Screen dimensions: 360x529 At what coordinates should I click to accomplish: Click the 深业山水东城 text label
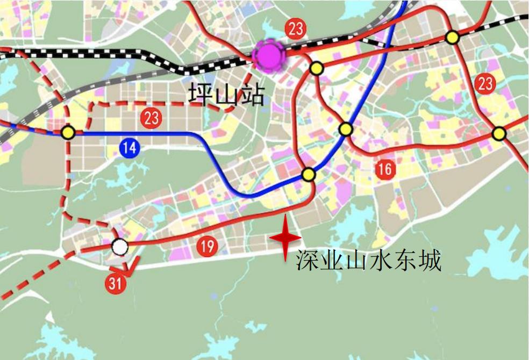368,262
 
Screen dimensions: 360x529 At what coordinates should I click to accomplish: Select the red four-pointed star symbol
284,237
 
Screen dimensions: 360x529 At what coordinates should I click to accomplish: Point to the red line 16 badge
385,169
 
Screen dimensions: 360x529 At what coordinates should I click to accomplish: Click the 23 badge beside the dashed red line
152,117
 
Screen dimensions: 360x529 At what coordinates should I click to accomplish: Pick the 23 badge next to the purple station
296,28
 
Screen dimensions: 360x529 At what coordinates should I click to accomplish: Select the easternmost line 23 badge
485,83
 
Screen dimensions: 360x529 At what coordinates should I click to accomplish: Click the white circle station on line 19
119,247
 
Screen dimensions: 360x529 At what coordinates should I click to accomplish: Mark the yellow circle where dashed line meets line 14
68,132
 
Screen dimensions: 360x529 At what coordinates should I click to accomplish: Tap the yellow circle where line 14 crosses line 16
346,129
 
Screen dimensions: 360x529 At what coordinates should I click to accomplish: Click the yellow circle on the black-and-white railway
453,37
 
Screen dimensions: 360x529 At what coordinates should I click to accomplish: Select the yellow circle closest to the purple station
316,68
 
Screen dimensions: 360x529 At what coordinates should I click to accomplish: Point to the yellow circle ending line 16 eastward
499,133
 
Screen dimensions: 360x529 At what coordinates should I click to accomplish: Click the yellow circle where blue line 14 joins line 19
308,174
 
